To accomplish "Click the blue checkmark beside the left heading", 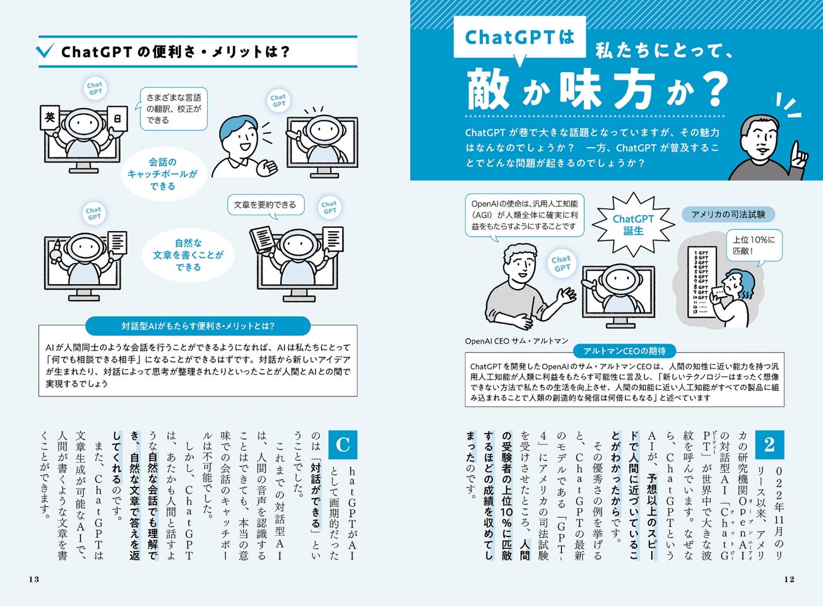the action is click(x=46, y=50).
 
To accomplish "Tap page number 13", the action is click(x=34, y=579).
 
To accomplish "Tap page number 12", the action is click(x=789, y=579).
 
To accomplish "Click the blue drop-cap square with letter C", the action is click(x=343, y=444).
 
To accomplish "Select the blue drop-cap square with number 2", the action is click(x=770, y=444).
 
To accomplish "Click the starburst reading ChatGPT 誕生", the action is click(x=633, y=224).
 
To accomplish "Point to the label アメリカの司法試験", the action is click(x=728, y=214).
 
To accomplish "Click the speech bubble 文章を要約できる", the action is click(x=265, y=205).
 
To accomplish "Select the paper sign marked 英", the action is click(x=50, y=117).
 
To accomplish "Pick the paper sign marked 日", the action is click(x=117, y=118).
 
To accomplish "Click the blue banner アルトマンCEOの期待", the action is click(x=625, y=351).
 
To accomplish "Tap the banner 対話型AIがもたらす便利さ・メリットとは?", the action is click(x=198, y=326).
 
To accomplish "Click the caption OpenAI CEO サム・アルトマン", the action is click(x=516, y=341).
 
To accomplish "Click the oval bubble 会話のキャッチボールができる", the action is click(x=163, y=174).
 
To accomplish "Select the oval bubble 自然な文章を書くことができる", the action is click(x=188, y=254).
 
